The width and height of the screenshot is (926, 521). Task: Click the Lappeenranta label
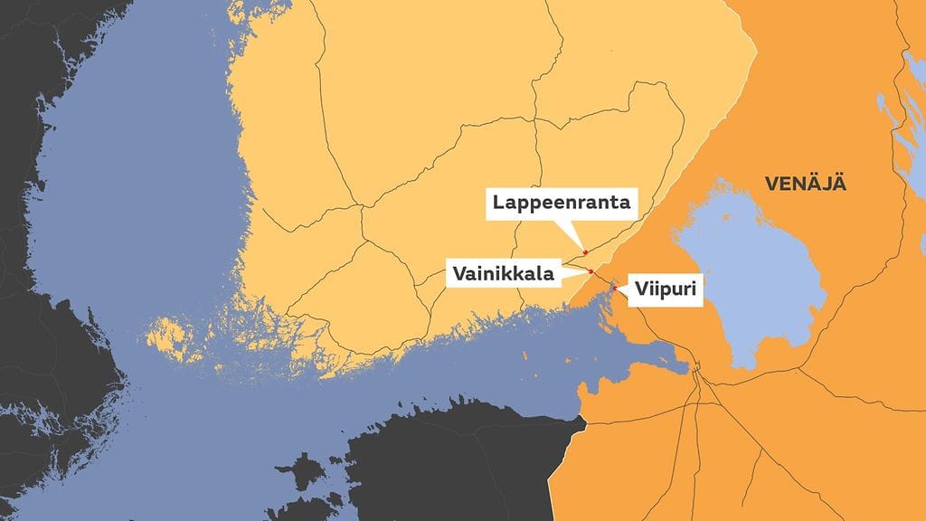click(x=562, y=203)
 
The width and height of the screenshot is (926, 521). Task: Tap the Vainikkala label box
click(x=504, y=272)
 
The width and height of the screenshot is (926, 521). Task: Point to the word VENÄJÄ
click(x=805, y=184)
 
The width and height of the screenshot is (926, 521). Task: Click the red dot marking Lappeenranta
click(x=585, y=251)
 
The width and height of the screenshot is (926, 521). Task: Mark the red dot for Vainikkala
click(x=591, y=271)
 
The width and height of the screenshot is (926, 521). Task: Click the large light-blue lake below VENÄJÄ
click(x=751, y=280)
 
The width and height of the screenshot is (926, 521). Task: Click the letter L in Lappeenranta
click(x=498, y=203)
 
